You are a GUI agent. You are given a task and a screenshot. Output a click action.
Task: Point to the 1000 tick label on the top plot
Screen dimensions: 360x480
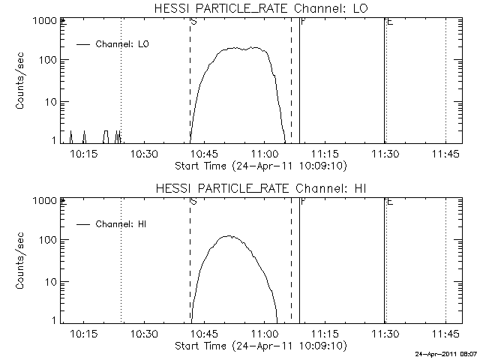pyautogui.click(x=43, y=22)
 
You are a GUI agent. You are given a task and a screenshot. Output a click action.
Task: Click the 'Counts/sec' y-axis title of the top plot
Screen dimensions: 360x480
pyautogui.click(x=21, y=82)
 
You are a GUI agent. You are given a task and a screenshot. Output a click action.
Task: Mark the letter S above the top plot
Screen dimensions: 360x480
pyautogui.click(x=194, y=22)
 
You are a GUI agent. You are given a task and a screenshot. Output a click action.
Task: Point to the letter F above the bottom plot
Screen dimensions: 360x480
pyautogui.click(x=302, y=201)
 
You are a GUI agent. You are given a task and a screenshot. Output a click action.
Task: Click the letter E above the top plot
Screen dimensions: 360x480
pyautogui.click(x=388, y=22)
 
